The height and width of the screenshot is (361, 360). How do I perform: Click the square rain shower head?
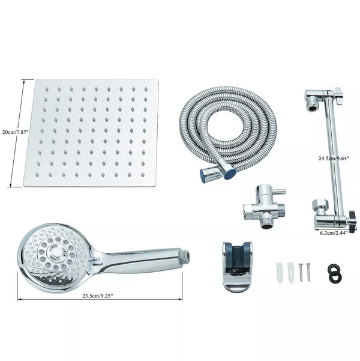pos(91,133)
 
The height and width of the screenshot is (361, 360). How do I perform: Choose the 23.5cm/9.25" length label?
pos(100,294)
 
